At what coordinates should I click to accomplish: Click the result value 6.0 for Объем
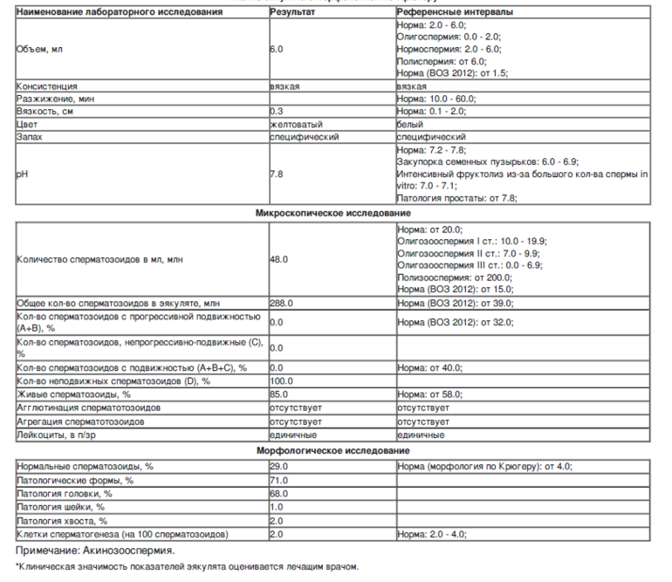[277, 50]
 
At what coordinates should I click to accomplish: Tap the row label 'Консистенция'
[47, 87]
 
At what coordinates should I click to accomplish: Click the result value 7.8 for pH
[277, 175]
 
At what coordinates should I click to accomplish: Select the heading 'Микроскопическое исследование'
[333, 213]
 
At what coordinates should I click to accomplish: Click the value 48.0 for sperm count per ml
[279, 259]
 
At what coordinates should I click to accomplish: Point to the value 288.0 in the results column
[281, 302]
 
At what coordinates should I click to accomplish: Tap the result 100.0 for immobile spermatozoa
[282, 381]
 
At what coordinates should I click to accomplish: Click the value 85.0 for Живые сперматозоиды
[279, 394]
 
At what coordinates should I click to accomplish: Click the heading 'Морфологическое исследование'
[333, 450]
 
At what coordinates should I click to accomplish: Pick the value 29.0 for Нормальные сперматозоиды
[279, 467]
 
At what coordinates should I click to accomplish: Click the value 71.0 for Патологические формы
[279, 480]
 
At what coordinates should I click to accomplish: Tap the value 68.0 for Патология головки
[279, 493]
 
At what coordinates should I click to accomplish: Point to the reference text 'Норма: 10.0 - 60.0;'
[435, 99]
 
